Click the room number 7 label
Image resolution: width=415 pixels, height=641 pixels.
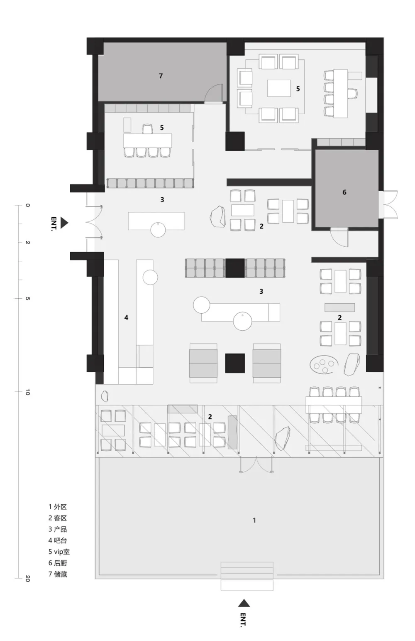(161, 76)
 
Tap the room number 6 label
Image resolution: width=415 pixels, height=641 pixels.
(344, 192)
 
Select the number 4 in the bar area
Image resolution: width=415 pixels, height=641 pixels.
(126, 317)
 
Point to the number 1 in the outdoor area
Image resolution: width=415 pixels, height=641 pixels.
(254, 520)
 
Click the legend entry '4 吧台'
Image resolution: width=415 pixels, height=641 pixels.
(58, 540)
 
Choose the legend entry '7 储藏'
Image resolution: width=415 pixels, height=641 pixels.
(58, 574)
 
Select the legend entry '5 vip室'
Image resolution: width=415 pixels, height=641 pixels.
(59, 552)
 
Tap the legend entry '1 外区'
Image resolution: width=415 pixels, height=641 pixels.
(58, 507)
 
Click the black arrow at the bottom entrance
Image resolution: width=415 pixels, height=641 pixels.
(244, 603)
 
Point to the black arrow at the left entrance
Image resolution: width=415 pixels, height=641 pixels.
(64, 223)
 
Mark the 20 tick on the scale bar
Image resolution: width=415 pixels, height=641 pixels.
(27, 578)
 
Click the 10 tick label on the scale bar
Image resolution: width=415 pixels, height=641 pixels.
(27, 392)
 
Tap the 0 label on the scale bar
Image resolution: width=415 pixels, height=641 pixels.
(27, 205)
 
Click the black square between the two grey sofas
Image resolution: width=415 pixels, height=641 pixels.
(235, 363)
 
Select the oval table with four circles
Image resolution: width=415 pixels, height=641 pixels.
(325, 365)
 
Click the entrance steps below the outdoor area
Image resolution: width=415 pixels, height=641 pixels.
(247, 576)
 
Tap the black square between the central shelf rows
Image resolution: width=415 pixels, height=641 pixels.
(235, 268)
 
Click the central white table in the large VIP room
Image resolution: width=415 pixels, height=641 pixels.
(279, 88)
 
